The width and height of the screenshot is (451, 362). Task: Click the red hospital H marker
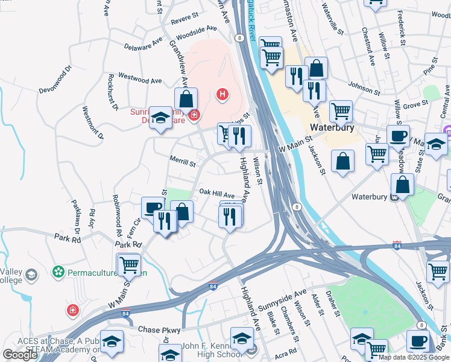tap(222, 94)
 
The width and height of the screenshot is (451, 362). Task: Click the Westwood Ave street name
tap(140, 79)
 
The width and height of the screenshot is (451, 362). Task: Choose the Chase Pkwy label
tap(159, 330)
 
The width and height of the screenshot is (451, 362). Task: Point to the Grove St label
tap(416, 104)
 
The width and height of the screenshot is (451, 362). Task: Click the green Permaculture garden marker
tap(58, 272)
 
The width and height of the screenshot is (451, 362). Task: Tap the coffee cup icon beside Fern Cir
tap(152, 208)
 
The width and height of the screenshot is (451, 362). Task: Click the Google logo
tap(20, 354)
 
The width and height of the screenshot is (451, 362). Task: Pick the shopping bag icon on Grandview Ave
tap(186, 100)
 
